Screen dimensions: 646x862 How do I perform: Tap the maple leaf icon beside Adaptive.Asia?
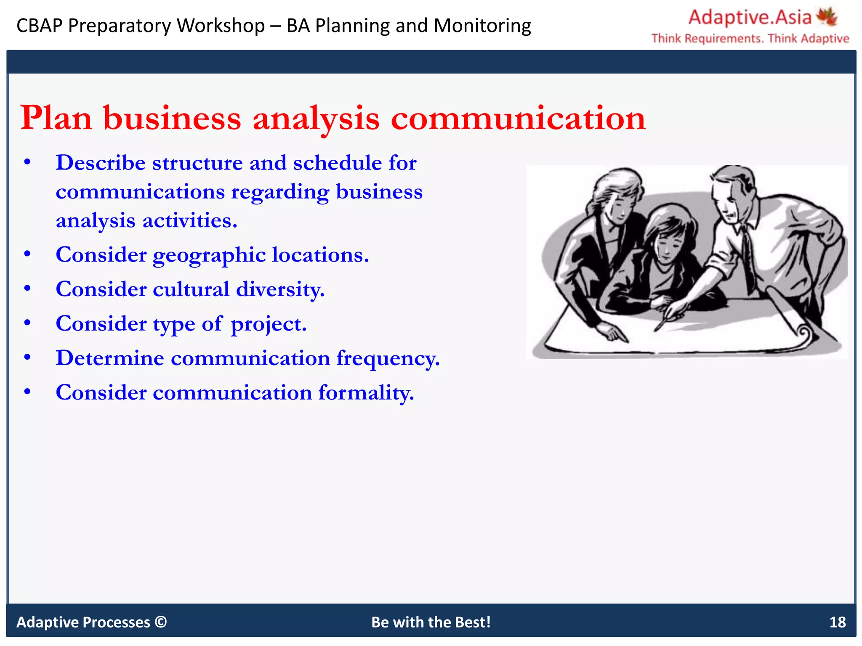click(x=827, y=17)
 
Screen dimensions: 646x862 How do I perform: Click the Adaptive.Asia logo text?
click(x=749, y=18)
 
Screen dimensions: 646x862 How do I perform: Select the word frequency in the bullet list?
click(x=388, y=359)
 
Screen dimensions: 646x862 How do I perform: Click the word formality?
click(x=366, y=393)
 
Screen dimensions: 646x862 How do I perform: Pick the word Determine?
click(x=110, y=358)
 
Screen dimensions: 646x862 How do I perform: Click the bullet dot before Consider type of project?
click(x=27, y=323)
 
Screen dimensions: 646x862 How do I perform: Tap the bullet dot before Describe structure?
click(x=27, y=163)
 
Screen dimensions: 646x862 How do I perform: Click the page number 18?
click(x=837, y=622)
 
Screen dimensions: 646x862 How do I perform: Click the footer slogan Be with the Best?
click(x=431, y=622)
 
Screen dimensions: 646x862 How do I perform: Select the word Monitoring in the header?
click(x=482, y=26)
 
